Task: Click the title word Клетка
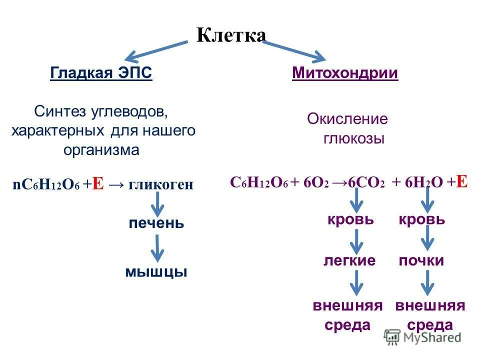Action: [x=231, y=35]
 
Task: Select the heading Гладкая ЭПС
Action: [x=101, y=73]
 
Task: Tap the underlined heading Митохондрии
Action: [x=345, y=73]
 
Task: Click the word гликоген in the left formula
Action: [x=160, y=184]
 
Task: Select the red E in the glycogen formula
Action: [x=98, y=184]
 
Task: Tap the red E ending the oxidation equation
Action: [x=461, y=181]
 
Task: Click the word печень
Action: [x=156, y=223]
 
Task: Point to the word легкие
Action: [x=349, y=260]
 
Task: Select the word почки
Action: [x=421, y=260]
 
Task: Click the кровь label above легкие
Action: [x=350, y=219]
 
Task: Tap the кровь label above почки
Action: [x=421, y=219]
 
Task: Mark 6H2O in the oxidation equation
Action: [x=417, y=182]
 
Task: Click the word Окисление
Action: [x=347, y=119]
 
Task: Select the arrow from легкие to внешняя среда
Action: [x=355, y=283]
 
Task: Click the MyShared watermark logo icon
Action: [x=392, y=337]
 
